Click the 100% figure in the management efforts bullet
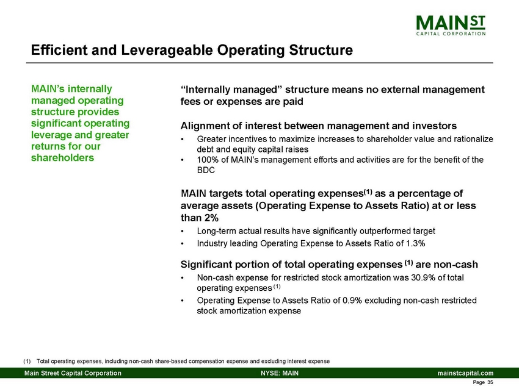tap(207, 160)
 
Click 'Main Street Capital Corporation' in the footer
tap(73, 373)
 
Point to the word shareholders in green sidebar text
tap(64, 158)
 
